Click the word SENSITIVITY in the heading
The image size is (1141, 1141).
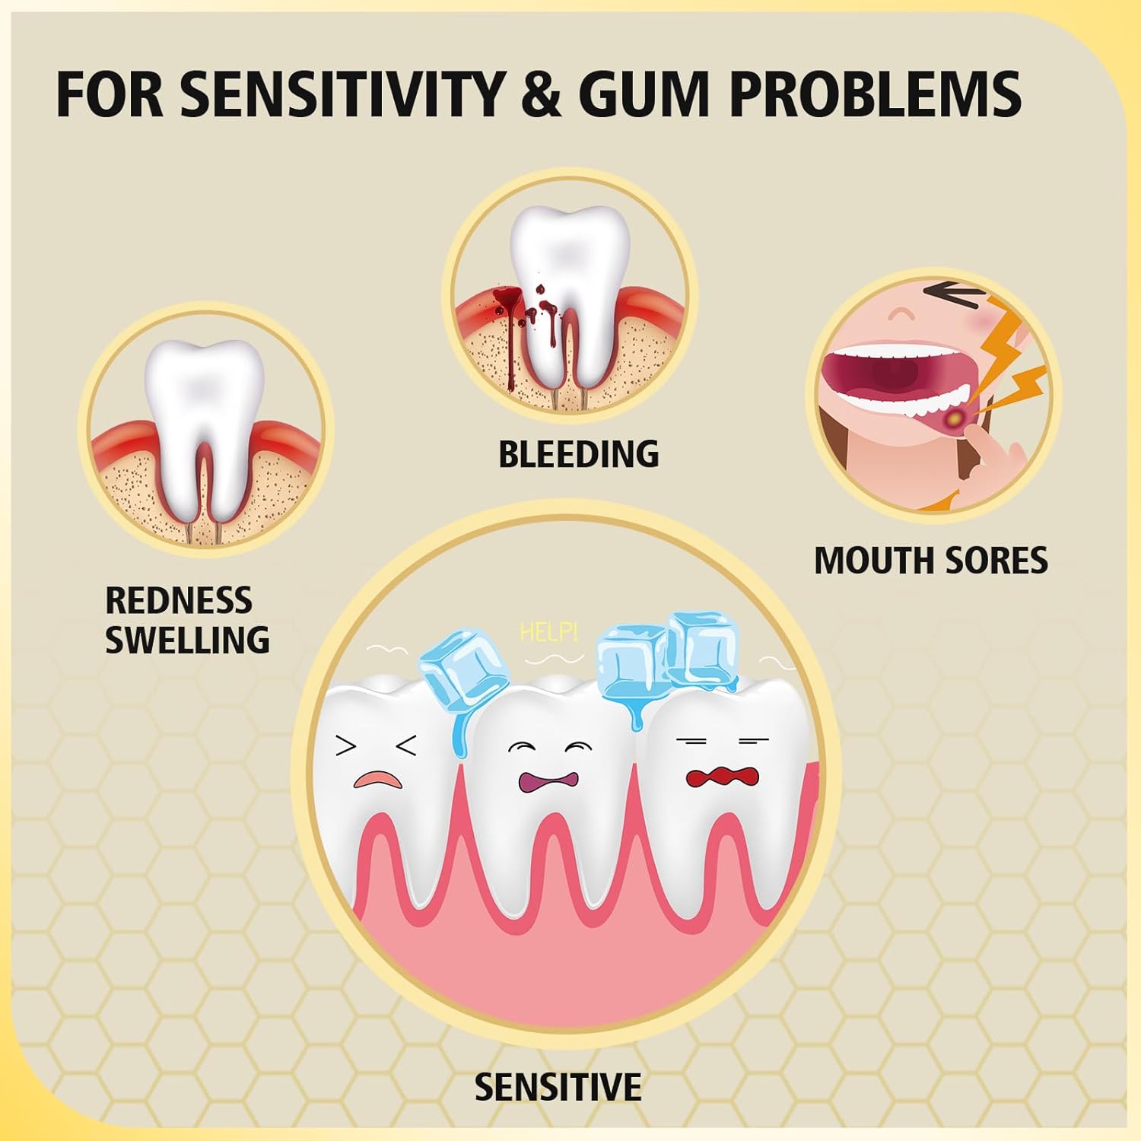click(x=342, y=94)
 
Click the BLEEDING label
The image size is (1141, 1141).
click(x=578, y=454)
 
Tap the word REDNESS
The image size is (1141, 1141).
click(x=178, y=600)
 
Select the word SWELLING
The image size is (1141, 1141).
click(x=187, y=639)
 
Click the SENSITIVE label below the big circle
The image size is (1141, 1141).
click(x=558, y=1087)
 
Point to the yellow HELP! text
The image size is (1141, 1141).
click(x=548, y=632)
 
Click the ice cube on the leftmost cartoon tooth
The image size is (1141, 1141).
click(x=458, y=672)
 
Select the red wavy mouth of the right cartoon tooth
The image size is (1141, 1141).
click(x=722, y=777)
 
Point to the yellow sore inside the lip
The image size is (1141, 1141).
click(x=952, y=417)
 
